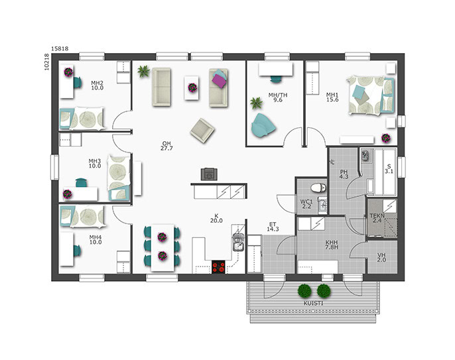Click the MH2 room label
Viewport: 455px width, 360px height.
[x=97, y=83]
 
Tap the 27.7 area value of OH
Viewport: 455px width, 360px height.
[x=166, y=149]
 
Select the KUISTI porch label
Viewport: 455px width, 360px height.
[x=313, y=304]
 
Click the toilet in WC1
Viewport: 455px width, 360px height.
[x=318, y=188]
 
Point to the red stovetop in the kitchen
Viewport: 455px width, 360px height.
[x=218, y=267]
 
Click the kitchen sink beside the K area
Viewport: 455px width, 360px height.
[x=238, y=243]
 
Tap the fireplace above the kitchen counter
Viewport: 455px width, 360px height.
[x=209, y=174]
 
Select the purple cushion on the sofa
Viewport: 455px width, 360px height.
[x=220, y=80]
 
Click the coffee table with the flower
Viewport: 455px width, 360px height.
[x=192, y=88]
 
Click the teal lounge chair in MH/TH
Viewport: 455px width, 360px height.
[x=263, y=125]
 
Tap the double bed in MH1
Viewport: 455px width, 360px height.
[x=370, y=95]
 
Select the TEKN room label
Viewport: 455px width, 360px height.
[x=377, y=216]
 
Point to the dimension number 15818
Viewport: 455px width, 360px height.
[x=60, y=49]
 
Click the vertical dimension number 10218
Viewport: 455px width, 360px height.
[x=46, y=63]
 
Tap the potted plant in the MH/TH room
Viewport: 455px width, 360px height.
[x=256, y=103]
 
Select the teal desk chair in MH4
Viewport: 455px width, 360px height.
[x=77, y=251]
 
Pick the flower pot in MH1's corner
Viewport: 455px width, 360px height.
[x=385, y=138]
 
